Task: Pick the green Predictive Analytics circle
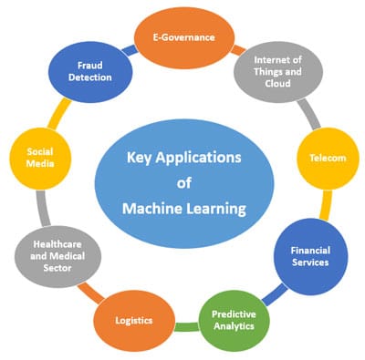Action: coord(235,320)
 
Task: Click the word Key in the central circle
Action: coord(143,157)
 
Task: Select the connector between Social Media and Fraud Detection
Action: coord(56,112)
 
